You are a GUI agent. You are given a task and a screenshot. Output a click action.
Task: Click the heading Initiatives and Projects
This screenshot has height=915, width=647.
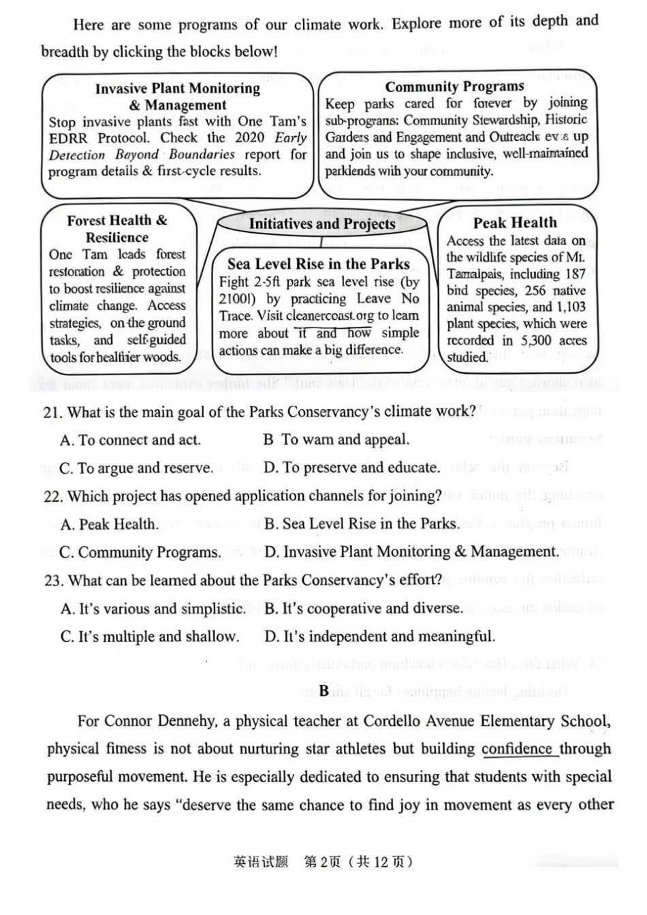pos(321,224)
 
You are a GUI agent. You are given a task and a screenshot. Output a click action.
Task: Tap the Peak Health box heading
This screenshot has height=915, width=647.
pos(515,223)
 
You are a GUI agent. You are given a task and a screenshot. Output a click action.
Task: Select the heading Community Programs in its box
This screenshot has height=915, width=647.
pos(454,86)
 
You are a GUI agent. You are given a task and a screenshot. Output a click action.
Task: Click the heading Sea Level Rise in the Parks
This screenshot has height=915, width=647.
pos(319,264)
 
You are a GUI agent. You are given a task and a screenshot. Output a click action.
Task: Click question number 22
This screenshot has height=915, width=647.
pos(54,496)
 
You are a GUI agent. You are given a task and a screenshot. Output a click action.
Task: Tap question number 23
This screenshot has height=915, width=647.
pos(54,581)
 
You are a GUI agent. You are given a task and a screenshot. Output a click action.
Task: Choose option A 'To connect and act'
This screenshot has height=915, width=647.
pos(130,440)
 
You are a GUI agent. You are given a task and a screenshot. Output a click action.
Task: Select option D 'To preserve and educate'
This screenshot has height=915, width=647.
pos(351,468)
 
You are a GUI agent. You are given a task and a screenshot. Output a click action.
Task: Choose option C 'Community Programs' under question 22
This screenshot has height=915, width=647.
pos(140,552)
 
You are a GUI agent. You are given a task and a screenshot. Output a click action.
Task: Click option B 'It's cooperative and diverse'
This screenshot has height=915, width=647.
pos(364,609)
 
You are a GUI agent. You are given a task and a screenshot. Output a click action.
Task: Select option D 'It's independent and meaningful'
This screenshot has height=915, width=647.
pos(379,637)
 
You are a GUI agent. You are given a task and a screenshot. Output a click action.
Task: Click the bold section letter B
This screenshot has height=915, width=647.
pos(323,691)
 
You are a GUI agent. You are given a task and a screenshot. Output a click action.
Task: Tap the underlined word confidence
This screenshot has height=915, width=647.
pos(517,749)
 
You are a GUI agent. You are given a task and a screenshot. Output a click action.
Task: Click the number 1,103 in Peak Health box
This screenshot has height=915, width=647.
pos(569,307)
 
